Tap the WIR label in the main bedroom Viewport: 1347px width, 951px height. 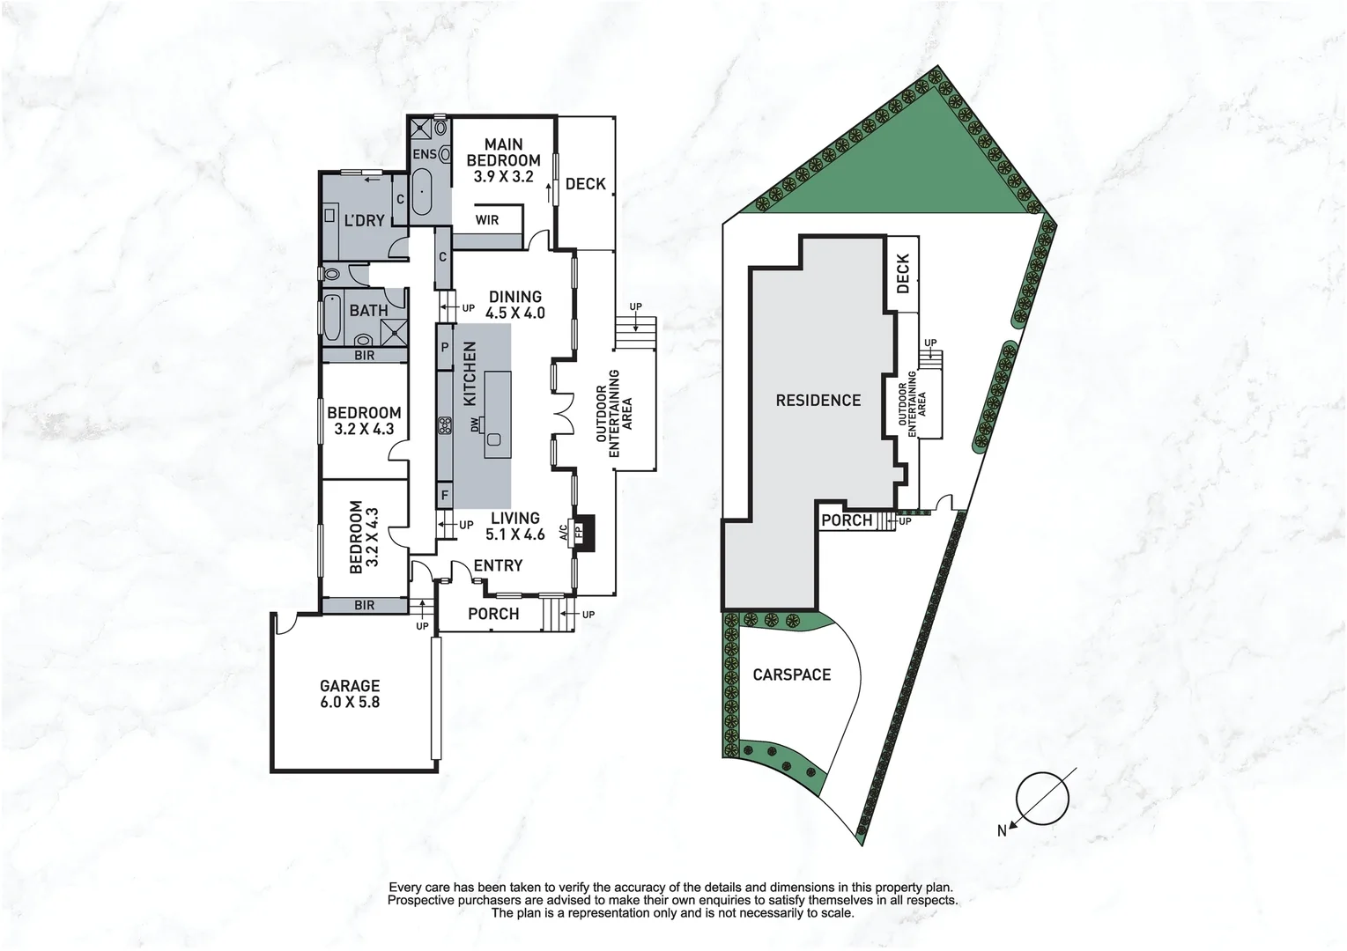[486, 219]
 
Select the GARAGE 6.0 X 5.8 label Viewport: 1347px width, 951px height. [350, 694]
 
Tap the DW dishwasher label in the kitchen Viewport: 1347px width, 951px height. [474, 424]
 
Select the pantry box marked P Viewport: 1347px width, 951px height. [445, 349]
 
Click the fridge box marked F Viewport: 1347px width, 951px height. [445, 495]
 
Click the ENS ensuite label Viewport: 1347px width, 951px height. [425, 155]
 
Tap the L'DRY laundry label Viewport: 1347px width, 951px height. [364, 220]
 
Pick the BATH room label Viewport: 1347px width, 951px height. [368, 310]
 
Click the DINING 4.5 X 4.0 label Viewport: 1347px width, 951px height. [515, 305]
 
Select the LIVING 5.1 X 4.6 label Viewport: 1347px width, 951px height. [515, 526]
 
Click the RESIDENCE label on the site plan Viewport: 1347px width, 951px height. [818, 401]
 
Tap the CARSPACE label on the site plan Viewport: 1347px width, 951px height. [791, 675]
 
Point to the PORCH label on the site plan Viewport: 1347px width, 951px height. [847, 520]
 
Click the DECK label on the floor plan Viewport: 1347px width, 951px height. [586, 183]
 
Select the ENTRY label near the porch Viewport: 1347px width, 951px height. [498, 565]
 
